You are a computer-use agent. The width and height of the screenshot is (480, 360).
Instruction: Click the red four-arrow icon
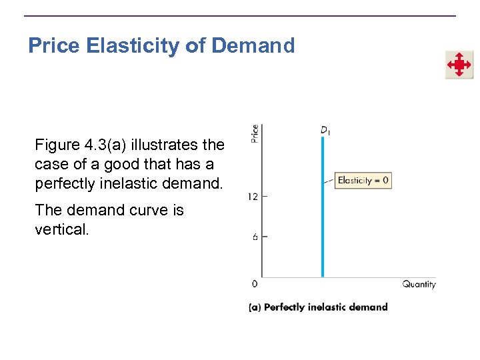[x=459, y=65]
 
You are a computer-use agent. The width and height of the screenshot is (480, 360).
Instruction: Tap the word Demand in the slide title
[x=253, y=46]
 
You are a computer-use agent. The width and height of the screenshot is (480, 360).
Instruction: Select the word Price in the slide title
[x=55, y=46]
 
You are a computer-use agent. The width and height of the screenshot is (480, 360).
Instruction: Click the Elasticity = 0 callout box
[x=363, y=180]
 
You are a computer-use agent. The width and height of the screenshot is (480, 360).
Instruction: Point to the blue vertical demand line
[x=323, y=220]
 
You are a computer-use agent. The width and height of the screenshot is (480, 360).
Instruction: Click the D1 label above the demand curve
[x=325, y=130]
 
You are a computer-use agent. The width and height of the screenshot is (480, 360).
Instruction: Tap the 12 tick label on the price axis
[x=253, y=197]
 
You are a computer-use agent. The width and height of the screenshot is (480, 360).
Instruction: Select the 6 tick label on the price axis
[x=255, y=237]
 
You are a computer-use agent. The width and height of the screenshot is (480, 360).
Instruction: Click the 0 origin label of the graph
[x=255, y=284]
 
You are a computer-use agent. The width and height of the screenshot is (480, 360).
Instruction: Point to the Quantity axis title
[x=419, y=284]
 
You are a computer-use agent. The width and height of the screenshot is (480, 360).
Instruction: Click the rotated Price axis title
[x=255, y=133]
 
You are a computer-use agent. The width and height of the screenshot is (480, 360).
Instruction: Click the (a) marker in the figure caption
[x=254, y=307]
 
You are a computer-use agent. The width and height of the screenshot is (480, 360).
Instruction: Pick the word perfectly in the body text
[x=63, y=183]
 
